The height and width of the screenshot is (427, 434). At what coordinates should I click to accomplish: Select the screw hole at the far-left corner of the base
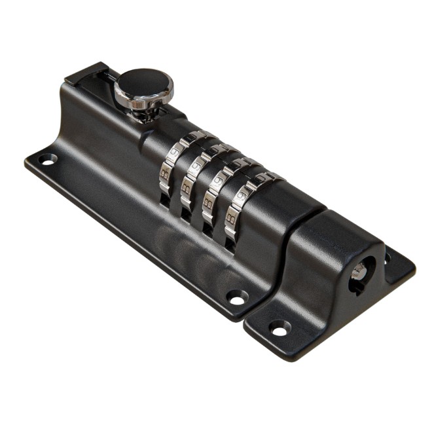click(47, 159)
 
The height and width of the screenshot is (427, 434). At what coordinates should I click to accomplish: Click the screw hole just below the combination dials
click(237, 298)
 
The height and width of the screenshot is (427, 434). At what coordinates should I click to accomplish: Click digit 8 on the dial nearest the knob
click(165, 174)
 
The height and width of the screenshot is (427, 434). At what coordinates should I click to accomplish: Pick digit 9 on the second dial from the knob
click(195, 166)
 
